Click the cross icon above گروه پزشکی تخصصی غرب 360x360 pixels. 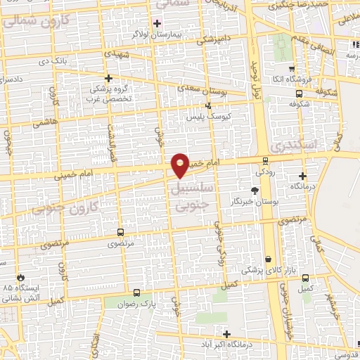108,78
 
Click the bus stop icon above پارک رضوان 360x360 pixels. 136,292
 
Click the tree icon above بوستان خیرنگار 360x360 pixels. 255,190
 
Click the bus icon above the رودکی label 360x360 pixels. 264,160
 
